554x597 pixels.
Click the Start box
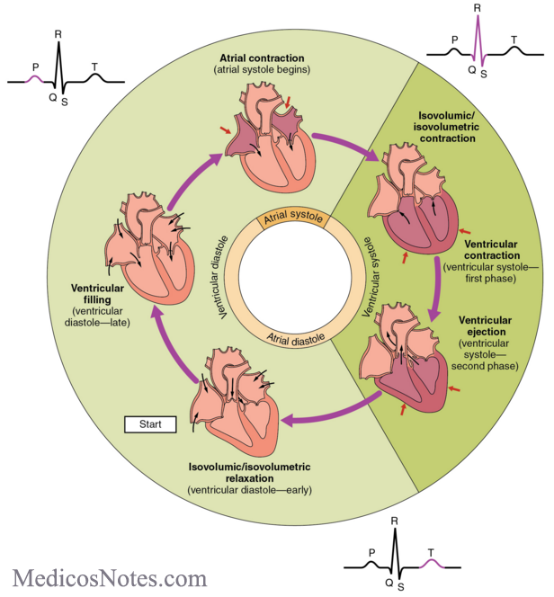(149, 423)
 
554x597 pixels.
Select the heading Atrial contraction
(262, 57)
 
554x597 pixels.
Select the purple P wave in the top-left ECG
(36, 78)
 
